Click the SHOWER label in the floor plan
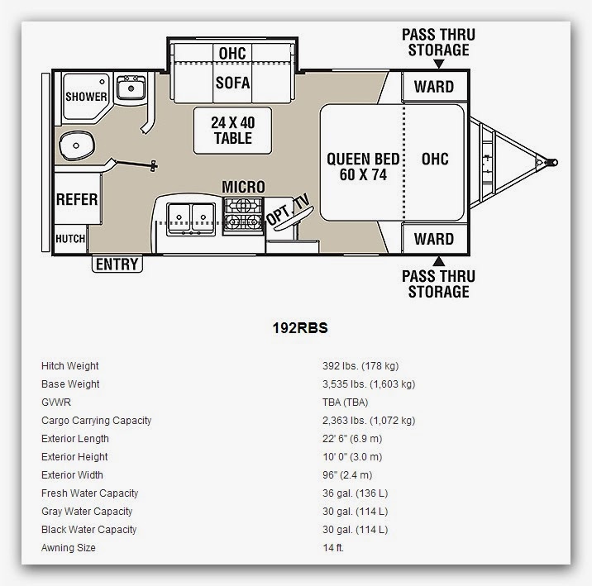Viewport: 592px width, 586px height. [86, 97]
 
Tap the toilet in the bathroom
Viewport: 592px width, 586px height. [76, 145]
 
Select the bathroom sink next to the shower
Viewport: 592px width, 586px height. [131, 88]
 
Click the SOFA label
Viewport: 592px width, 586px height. [232, 83]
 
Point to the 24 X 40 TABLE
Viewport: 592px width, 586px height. [232, 131]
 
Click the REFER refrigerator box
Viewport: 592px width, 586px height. [77, 199]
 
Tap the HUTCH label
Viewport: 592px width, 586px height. [70, 239]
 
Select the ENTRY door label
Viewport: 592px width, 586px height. [117, 264]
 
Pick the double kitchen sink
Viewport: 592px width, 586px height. [191, 219]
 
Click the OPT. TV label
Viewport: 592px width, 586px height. [289, 210]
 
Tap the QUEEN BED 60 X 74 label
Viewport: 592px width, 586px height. [363, 167]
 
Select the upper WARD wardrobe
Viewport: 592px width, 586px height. [434, 87]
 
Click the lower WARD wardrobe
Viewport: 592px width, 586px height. [434, 239]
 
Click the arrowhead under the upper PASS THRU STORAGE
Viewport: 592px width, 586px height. [438, 64]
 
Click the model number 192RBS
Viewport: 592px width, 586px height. [300, 328]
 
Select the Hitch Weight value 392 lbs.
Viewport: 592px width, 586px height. [360, 365]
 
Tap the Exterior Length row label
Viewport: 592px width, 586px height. [75, 438]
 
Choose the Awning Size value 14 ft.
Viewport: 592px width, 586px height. [333, 547]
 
